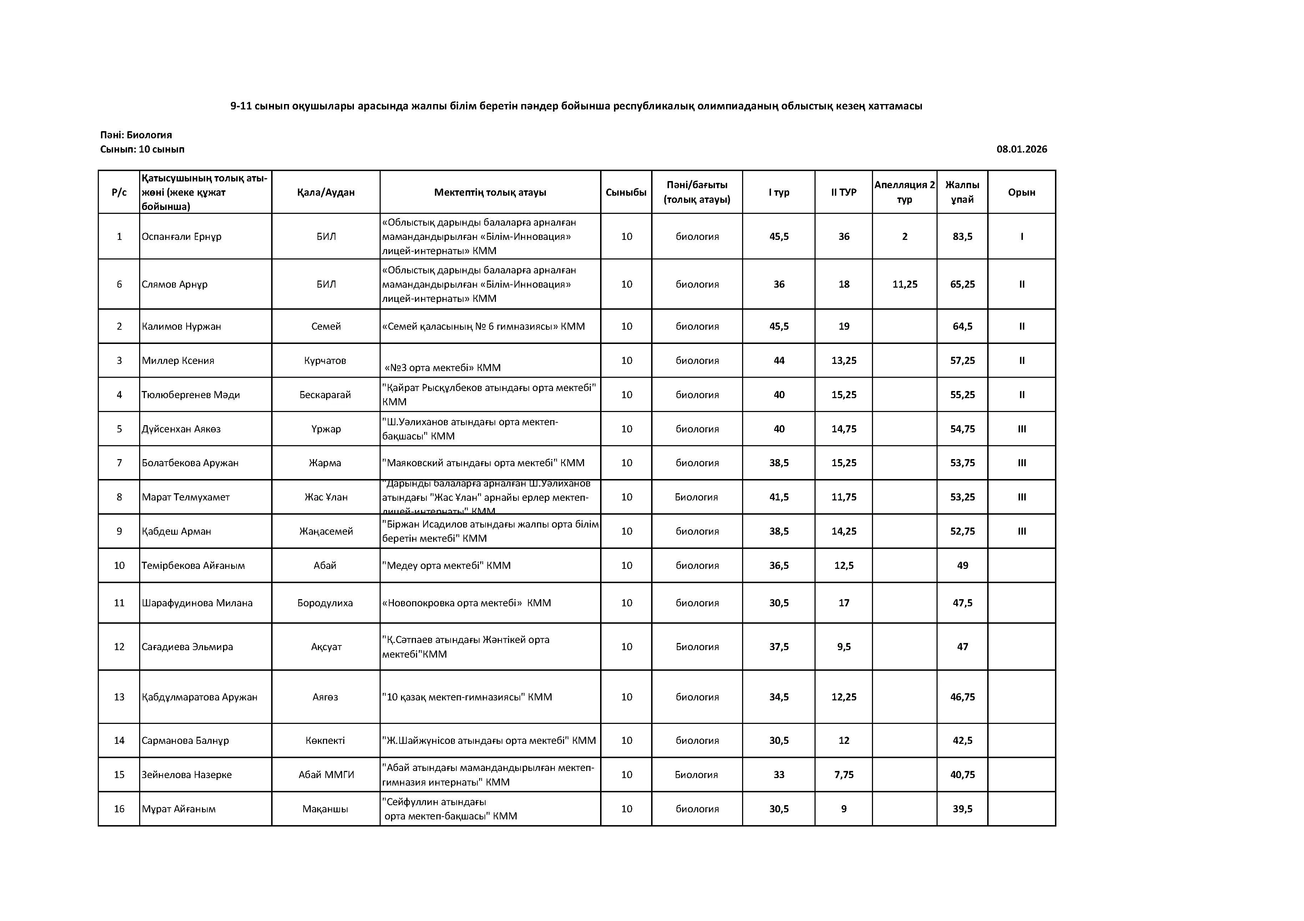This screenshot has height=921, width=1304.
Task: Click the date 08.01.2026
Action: [1021, 149]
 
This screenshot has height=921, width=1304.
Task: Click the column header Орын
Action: [1021, 192]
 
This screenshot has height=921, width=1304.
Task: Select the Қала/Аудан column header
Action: [325, 192]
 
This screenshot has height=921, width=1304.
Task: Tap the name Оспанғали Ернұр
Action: [181, 237]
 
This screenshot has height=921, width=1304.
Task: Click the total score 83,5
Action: [962, 237]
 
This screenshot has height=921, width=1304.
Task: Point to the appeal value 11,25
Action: [904, 284]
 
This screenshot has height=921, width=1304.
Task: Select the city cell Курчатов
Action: [325, 360]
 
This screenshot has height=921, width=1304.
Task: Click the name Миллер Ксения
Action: [178, 360]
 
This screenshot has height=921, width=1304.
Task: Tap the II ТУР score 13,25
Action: [843, 360]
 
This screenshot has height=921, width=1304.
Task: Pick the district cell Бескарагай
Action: [325, 395]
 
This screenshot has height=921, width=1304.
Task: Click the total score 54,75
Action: [962, 429]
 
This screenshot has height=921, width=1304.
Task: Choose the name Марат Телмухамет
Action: [186, 497]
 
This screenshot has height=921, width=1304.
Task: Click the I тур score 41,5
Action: [778, 497]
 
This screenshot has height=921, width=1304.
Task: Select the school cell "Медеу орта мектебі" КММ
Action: [446, 566]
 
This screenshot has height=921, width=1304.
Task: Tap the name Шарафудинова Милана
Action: [197, 603]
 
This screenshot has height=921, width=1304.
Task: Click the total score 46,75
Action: [962, 697]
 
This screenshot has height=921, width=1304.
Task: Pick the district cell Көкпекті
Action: [325, 741]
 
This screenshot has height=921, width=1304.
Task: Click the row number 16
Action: [119, 809]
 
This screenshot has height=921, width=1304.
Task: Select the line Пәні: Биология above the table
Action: [136, 135]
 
